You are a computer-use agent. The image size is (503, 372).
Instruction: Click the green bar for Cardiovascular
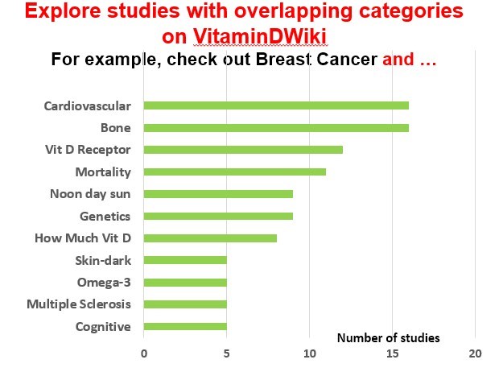click(x=276, y=105)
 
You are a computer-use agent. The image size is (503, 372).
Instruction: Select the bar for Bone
click(x=276, y=127)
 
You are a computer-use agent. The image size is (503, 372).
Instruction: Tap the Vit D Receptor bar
click(x=243, y=150)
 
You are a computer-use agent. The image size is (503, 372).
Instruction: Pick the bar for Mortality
click(x=235, y=172)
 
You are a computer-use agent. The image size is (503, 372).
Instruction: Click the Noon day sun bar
click(x=218, y=194)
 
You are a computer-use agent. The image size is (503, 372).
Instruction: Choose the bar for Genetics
click(x=218, y=216)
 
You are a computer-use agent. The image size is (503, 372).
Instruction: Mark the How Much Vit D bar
click(x=210, y=238)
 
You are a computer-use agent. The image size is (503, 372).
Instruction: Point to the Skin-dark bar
click(x=185, y=260)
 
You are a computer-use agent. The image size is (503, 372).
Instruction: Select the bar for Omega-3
click(x=185, y=283)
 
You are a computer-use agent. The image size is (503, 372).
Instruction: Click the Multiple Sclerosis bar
click(x=185, y=304)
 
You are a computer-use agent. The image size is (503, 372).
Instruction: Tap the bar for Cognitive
click(x=185, y=327)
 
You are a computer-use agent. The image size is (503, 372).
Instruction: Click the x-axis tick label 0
click(x=144, y=353)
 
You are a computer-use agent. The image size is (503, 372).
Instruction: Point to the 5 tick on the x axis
click(x=227, y=353)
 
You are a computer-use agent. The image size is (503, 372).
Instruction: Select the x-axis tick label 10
click(x=310, y=353)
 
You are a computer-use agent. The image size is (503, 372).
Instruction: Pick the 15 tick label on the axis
click(x=393, y=353)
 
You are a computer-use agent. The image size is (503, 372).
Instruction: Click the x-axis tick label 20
click(x=476, y=353)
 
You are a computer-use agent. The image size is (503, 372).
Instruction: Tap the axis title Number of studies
click(x=388, y=337)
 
